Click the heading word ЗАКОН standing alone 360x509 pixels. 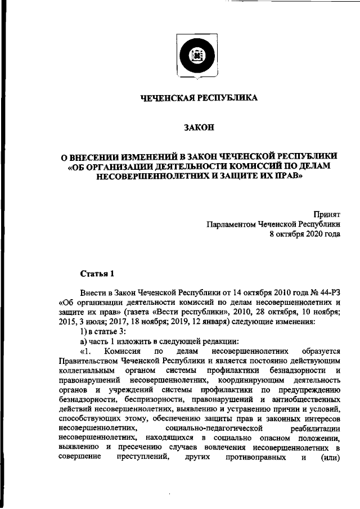(199, 128)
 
